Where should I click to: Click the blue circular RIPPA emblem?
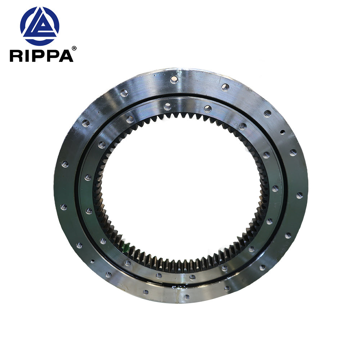click(x=40, y=26)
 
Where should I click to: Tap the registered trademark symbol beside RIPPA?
click(x=74, y=48)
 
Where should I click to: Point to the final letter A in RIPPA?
click(x=66, y=56)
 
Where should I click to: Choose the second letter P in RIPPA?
click(x=52, y=56)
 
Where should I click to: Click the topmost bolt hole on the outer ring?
click(x=174, y=79)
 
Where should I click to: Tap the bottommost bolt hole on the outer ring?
click(x=186, y=297)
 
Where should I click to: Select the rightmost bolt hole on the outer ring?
click(x=300, y=195)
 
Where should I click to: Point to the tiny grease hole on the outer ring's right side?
click(x=282, y=132)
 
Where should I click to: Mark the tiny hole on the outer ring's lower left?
click(x=93, y=262)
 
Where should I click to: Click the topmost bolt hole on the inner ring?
click(x=167, y=106)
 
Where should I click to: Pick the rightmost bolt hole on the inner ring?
click(x=275, y=188)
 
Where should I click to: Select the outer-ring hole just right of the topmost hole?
click(x=225, y=87)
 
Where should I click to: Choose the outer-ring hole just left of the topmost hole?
click(x=124, y=93)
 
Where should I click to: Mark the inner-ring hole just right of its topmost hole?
click(x=208, y=108)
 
